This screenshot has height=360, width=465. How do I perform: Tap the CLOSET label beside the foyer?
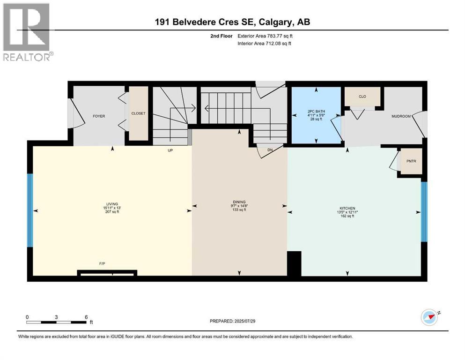pyautogui.click(x=138, y=113)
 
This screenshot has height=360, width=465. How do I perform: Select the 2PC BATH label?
pyautogui.click(x=316, y=112)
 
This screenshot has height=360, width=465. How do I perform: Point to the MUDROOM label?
pyautogui.click(x=401, y=116)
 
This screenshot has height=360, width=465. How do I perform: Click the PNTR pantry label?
pyautogui.click(x=411, y=162)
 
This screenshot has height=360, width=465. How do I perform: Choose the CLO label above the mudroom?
pyautogui.click(x=362, y=97)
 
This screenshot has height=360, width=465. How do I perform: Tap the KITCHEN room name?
pyautogui.click(x=347, y=208)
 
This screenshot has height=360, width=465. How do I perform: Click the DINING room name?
pyautogui.click(x=239, y=202)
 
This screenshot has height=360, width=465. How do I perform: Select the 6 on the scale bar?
pyautogui.click(x=85, y=317)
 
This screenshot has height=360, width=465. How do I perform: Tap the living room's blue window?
pyautogui.click(x=30, y=210)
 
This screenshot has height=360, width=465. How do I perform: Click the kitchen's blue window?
pyautogui.click(x=424, y=211)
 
